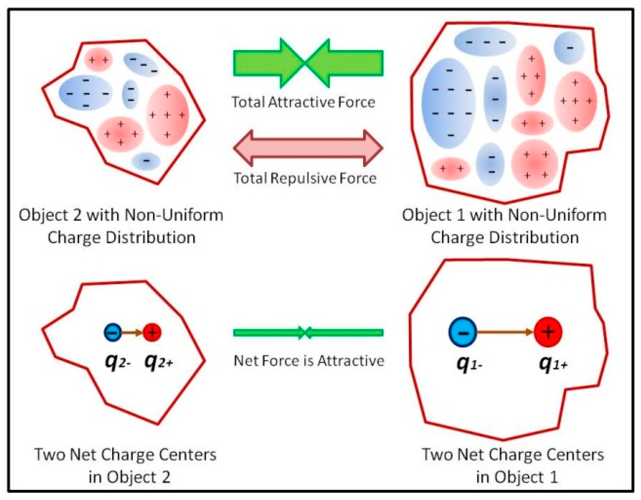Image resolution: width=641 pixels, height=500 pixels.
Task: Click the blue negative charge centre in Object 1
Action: (x=463, y=332)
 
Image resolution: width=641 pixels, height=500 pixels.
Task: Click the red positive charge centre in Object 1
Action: (x=548, y=332)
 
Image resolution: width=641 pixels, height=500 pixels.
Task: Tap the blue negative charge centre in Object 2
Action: (x=113, y=332)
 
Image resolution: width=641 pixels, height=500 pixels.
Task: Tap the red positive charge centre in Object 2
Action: (x=152, y=332)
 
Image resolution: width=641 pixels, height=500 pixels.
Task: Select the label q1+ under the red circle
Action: (x=553, y=364)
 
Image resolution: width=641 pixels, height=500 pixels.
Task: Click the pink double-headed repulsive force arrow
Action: (x=308, y=148)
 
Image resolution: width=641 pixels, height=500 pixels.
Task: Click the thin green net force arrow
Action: (x=308, y=333)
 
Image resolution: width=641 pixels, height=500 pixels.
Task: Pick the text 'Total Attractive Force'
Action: (x=303, y=102)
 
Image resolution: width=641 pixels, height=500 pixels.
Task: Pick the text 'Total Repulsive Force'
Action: (x=305, y=178)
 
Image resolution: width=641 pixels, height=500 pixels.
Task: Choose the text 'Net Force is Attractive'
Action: (x=309, y=361)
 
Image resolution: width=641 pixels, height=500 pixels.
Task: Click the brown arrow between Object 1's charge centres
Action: (x=505, y=332)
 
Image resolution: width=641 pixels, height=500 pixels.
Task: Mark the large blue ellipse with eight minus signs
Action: (x=449, y=103)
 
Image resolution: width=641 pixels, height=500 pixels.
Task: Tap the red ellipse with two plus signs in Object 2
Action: (x=98, y=59)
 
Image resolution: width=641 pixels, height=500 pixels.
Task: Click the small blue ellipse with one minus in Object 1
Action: (x=569, y=48)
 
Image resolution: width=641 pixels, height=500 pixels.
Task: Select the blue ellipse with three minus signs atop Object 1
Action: (x=485, y=42)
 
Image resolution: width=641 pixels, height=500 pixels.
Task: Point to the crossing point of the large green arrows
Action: (x=305, y=63)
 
